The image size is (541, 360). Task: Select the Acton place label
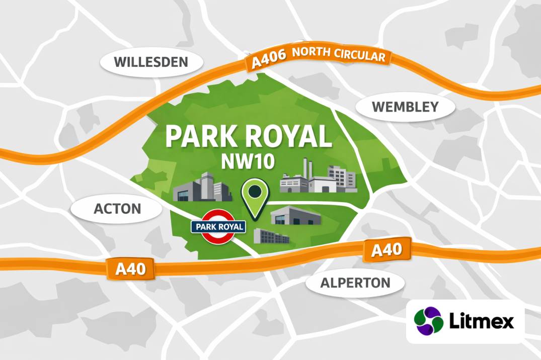click(x=118, y=208)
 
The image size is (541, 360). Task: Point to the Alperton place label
click(x=355, y=283)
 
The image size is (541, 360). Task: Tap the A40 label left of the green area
click(x=130, y=269)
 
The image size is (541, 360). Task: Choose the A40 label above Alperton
click(x=386, y=250)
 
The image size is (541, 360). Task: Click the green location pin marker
click(x=256, y=198)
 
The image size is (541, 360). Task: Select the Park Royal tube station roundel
click(x=218, y=227)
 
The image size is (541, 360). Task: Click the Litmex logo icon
click(x=428, y=321)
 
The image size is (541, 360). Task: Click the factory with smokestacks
click(x=317, y=178)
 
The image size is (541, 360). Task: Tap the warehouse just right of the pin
click(x=296, y=217)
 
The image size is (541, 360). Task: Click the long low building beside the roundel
click(x=271, y=236)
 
